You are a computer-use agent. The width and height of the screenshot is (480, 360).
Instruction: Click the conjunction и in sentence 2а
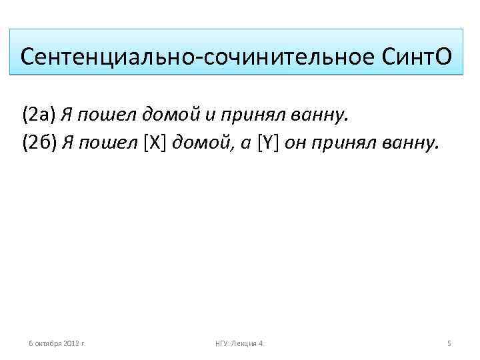tap(209, 115)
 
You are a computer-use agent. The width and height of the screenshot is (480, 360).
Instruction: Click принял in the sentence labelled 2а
tap(252, 115)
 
